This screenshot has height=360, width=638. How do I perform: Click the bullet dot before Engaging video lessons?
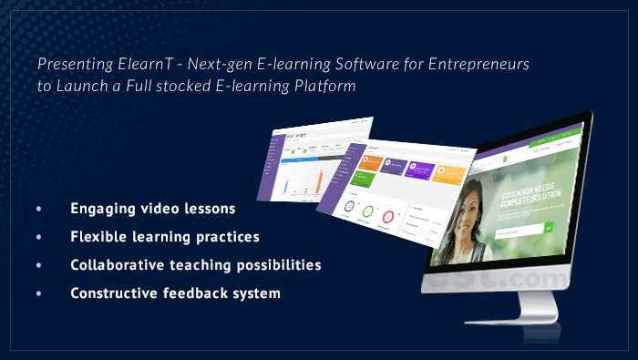pyautogui.click(x=38, y=209)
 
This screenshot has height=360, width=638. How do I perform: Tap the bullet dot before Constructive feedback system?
pyautogui.click(x=38, y=293)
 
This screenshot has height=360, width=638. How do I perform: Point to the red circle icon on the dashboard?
pyautogui.click(x=388, y=217)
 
